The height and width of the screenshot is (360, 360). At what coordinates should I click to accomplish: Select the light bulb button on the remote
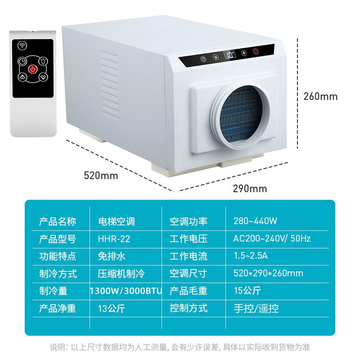[43, 61]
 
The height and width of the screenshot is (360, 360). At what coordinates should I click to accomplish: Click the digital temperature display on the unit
[230, 56]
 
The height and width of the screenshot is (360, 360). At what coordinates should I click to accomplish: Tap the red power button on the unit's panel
[256, 52]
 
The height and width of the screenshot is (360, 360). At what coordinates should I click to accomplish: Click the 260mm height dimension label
[320, 96]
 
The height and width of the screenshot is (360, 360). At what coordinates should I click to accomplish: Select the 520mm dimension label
[101, 175]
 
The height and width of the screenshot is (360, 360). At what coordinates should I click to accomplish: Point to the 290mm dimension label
[250, 188]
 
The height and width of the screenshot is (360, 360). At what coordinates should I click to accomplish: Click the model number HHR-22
[114, 238]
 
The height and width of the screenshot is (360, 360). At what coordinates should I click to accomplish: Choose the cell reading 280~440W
[255, 221]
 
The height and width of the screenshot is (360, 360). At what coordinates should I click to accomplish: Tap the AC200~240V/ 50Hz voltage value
[272, 238]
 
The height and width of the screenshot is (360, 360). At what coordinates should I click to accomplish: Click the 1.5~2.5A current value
[251, 256]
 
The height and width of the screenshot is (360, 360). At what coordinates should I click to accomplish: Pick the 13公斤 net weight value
[112, 308]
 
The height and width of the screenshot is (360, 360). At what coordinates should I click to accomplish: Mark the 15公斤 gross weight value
[247, 291]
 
